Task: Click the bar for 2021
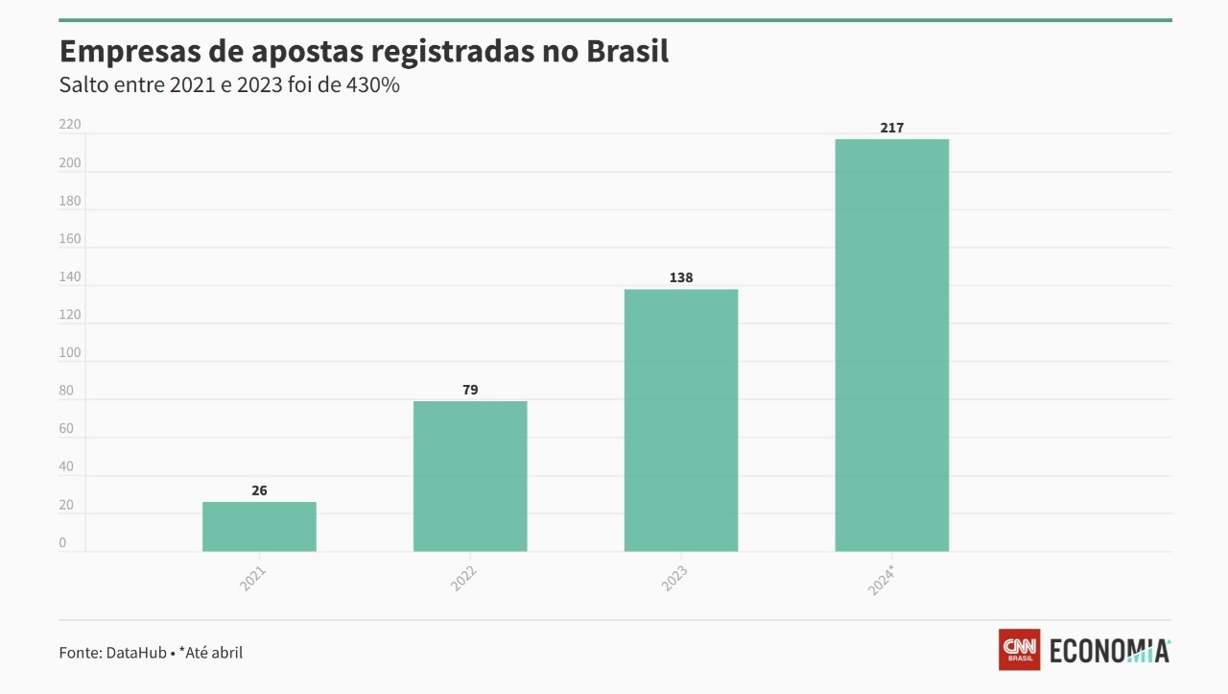click(x=259, y=526)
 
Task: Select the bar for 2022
click(x=470, y=476)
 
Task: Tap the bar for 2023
click(x=681, y=419)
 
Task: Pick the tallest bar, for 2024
click(x=892, y=345)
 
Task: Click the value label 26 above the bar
click(x=259, y=491)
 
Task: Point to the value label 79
click(x=470, y=390)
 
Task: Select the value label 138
click(x=681, y=277)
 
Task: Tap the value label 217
click(x=892, y=128)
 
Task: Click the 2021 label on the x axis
click(x=253, y=578)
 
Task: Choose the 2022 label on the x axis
click(x=464, y=578)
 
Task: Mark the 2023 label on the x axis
click(x=675, y=578)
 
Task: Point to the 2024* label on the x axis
click(x=883, y=581)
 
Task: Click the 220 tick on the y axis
click(x=70, y=125)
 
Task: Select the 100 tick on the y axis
click(x=70, y=352)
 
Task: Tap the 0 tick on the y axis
click(x=63, y=542)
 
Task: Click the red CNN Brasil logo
click(x=1019, y=650)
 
